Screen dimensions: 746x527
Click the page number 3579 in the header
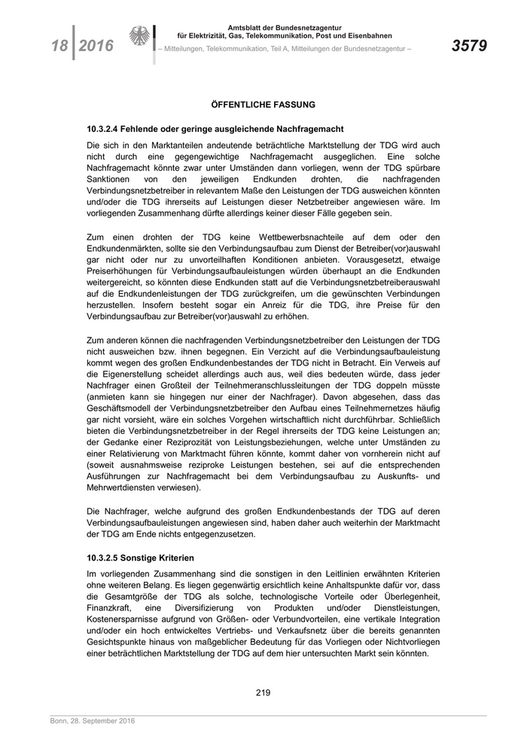coord(469,46)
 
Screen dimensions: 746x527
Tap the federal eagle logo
coord(141,38)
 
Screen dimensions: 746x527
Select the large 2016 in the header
coord(96,46)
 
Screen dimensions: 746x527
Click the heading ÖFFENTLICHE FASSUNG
coord(263,105)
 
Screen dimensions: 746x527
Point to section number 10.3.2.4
coord(108,130)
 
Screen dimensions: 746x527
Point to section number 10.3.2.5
coord(108,558)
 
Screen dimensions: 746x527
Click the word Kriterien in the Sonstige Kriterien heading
coord(172,558)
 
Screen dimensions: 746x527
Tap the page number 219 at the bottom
coord(263,692)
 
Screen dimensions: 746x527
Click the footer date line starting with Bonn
coord(93,721)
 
